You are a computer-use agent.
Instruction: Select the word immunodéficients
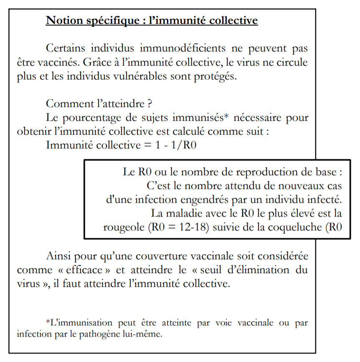point(167,48)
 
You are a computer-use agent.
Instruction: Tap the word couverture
point(137,255)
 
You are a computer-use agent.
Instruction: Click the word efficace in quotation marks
point(77,270)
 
